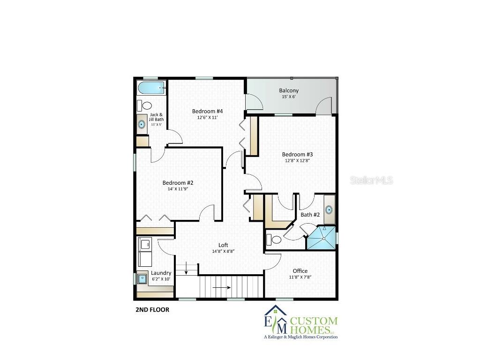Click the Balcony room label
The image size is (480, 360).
point(289,90)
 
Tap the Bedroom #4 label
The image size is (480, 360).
point(207,111)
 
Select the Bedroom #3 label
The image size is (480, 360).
point(297,154)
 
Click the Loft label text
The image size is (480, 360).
point(223,245)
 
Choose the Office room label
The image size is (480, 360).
point(300,271)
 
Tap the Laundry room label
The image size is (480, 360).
point(161,273)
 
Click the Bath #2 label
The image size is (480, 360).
point(310,215)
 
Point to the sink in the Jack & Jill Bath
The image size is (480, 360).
point(142,124)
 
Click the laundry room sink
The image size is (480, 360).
point(142,278)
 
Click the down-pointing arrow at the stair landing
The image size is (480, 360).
point(187,270)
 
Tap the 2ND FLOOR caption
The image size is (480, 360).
point(152,309)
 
